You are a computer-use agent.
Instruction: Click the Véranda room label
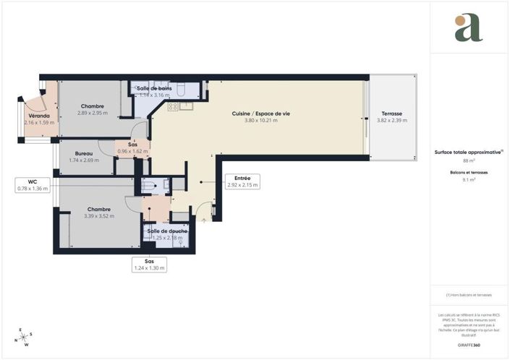[39, 116]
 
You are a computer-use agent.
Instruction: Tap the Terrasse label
[393, 113]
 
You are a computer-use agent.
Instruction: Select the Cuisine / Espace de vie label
[261, 113]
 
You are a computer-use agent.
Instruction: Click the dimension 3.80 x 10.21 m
[261, 121]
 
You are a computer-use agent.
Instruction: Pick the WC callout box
[33, 185]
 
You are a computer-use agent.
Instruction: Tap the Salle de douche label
[168, 231]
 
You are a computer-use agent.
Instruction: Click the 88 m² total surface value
[468, 161]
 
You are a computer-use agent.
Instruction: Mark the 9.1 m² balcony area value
[468, 180]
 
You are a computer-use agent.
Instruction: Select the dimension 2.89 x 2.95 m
[93, 113]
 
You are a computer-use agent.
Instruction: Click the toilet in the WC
[149, 185]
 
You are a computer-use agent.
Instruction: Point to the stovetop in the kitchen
[173, 106]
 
